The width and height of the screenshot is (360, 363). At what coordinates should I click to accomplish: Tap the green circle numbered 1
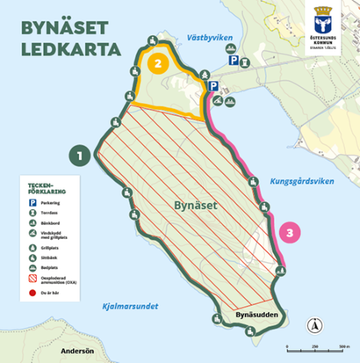point(81,156)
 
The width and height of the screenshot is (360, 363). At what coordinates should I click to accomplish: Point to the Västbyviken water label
point(208,40)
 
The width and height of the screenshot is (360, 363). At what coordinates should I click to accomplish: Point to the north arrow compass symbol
point(313,328)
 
